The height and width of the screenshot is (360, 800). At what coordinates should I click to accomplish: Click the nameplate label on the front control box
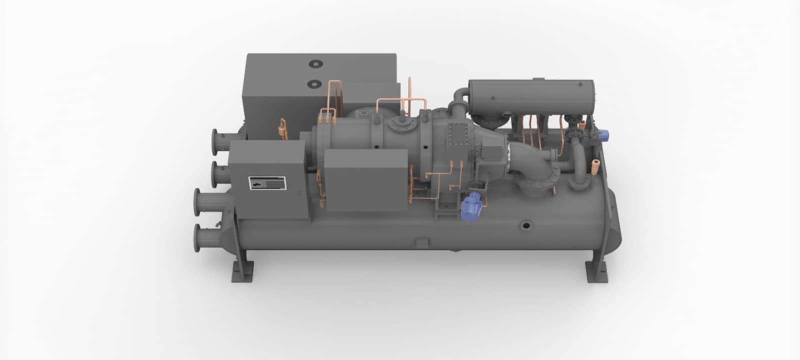[267, 183]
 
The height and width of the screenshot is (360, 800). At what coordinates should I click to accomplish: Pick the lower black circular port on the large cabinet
[314, 83]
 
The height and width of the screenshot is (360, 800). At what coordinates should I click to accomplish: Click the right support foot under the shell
[598, 273]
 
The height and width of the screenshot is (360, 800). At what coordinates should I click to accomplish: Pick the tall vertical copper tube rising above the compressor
[409, 92]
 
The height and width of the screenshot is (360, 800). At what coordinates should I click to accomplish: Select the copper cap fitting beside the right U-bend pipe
[596, 166]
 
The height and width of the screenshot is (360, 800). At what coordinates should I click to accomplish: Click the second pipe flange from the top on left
[216, 173]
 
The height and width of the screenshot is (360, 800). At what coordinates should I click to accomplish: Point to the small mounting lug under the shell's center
[422, 242]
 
